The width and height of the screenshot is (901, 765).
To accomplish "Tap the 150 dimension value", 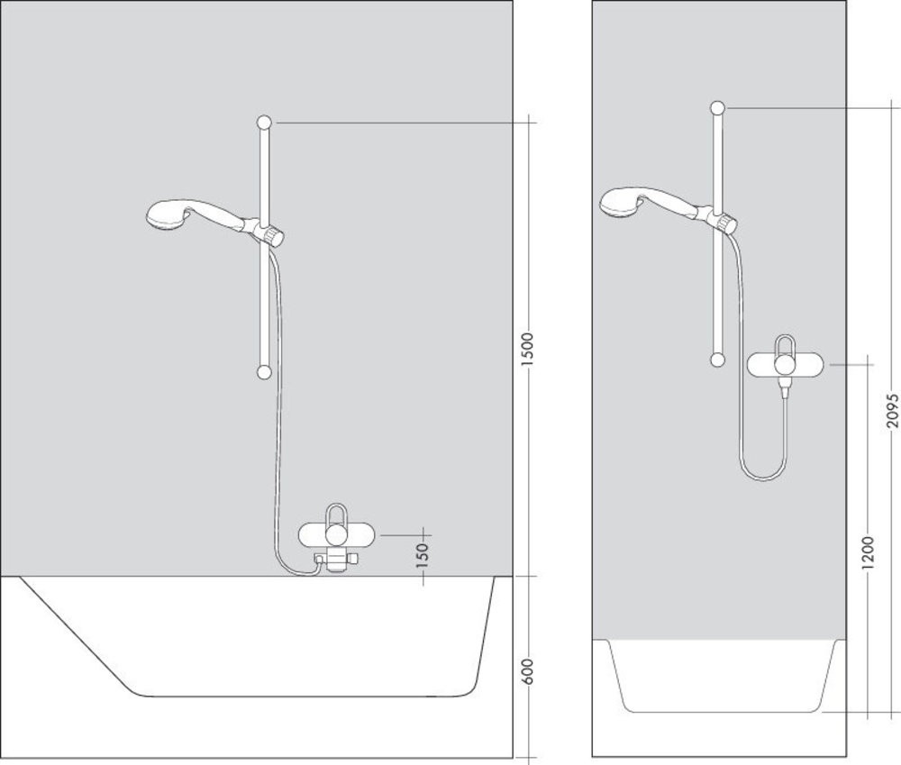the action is pyautogui.click(x=423, y=555).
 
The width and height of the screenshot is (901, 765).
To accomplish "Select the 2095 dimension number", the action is pyautogui.click(x=892, y=410).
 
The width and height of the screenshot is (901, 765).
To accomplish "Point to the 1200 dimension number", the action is pyautogui.click(x=868, y=552).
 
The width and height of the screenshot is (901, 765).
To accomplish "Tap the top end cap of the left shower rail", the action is pyautogui.click(x=264, y=123).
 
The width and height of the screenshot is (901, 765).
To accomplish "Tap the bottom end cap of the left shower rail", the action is pyautogui.click(x=264, y=372).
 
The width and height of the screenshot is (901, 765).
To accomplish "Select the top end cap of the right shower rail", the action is pyautogui.click(x=718, y=108).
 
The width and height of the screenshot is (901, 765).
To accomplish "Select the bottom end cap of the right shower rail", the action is pyautogui.click(x=717, y=360).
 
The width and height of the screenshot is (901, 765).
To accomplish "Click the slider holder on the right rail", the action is pyautogui.click(x=721, y=221).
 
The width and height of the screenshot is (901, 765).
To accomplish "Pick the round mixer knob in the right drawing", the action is pyautogui.click(x=785, y=365).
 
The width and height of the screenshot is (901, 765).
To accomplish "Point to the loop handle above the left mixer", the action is pyautogui.click(x=336, y=514).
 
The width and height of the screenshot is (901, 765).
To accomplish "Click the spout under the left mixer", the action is pyautogui.click(x=335, y=560).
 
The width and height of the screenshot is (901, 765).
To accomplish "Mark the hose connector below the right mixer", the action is pyautogui.click(x=784, y=387).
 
